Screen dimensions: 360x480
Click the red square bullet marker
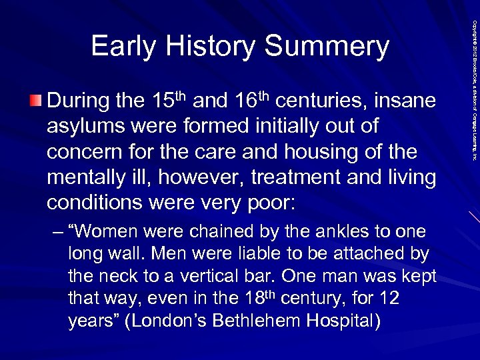click(x=35, y=101)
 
